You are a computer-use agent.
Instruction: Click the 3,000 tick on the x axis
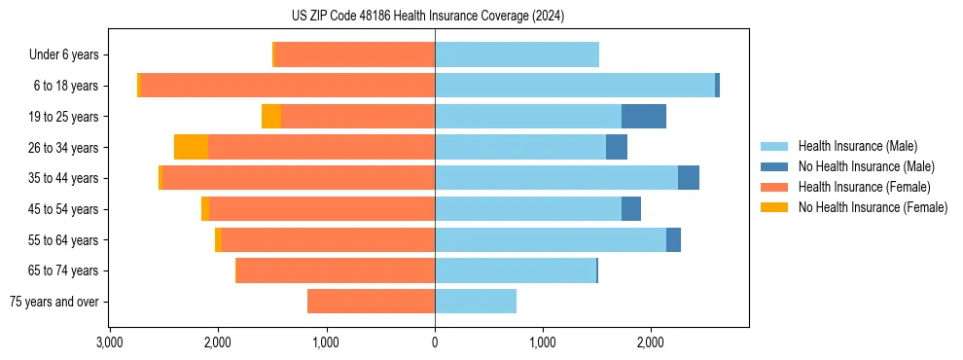tap(110, 342)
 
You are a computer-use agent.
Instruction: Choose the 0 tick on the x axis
tap(435, 342)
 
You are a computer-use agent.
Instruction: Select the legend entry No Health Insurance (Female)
tap(873, 207)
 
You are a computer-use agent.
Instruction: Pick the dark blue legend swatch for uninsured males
tap(775, 167)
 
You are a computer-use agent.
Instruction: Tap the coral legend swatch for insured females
tap(775, 187)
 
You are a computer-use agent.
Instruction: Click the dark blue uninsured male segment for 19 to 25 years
tap(644, 117)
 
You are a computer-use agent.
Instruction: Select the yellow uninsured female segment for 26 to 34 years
tap(191, 148)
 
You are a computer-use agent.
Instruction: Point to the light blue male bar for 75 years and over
tap(476, 302)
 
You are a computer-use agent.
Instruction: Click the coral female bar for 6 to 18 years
tap(288, 86)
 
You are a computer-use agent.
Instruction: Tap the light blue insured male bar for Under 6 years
tap(517, 55)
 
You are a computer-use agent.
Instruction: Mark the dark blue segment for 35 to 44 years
tap(689, 178)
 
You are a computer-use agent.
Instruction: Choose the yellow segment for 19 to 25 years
tap(271, 117)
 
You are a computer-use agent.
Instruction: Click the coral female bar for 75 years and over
tap(371, 302)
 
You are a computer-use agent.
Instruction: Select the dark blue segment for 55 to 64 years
tap(673, 240)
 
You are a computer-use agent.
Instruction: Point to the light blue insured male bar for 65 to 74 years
tap(516, 270)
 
